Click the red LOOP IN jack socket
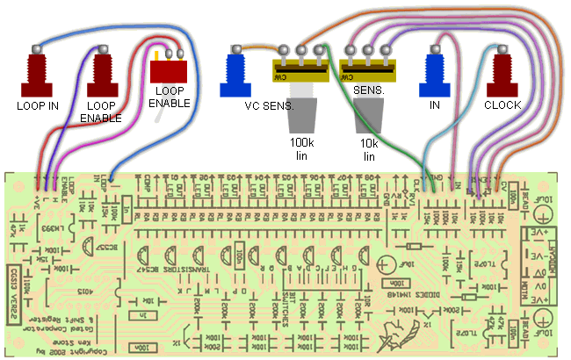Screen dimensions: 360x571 click(x=37, y=76)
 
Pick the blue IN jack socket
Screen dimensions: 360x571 click(x=435, y=76)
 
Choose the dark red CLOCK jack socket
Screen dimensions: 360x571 click(x=502, y=76)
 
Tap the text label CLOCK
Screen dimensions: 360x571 click(x=502, y=105)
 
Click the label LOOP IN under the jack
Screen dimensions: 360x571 click(x=37, y=106)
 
